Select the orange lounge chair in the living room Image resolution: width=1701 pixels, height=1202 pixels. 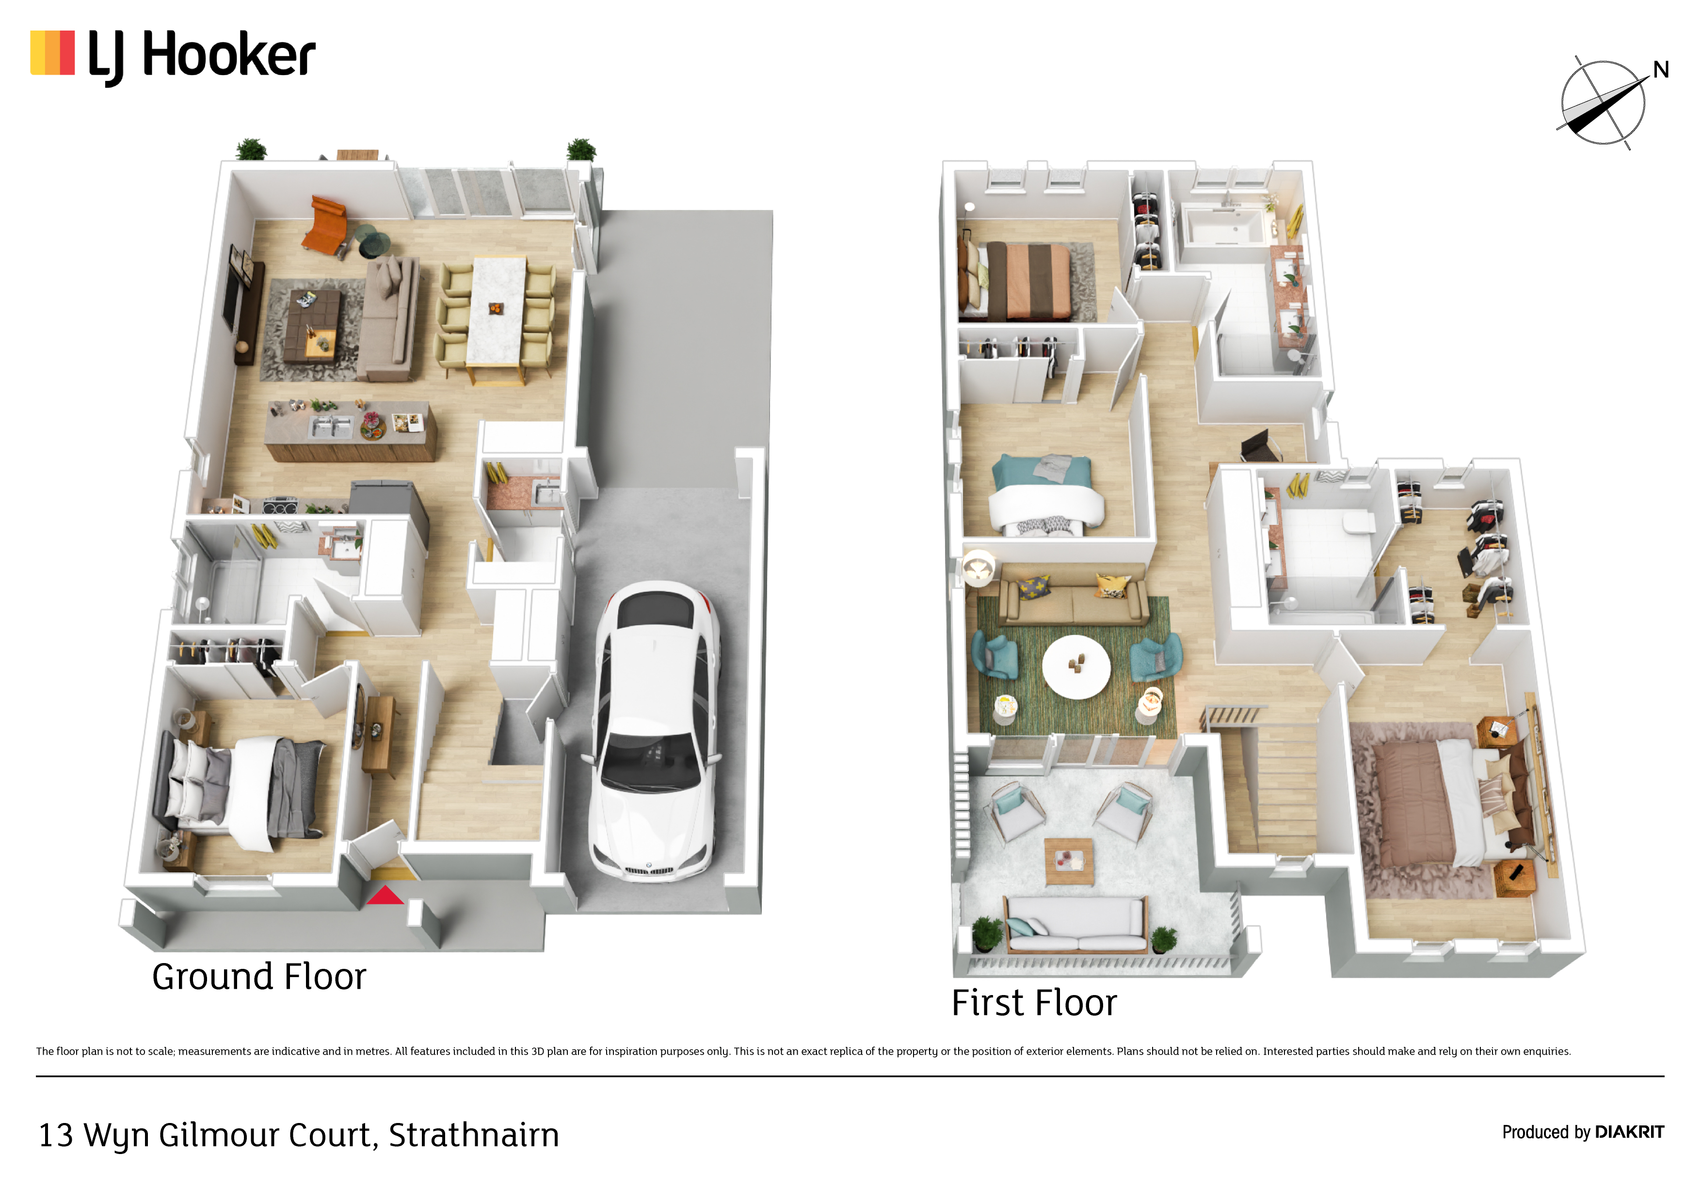click(x=326, y=224)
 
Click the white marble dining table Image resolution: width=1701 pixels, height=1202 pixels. click(x=497, y=311)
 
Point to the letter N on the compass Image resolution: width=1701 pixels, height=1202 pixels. click(x=1661, y=70)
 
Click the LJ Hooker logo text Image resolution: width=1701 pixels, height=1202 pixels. click(x=202, y=56)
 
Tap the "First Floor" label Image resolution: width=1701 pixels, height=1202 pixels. click(x=1033, y=1003)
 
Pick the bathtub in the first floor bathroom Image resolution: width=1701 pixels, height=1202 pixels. click(x=1225, y=226)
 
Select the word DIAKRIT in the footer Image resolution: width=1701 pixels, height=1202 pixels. click(x=1629, y=1132)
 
